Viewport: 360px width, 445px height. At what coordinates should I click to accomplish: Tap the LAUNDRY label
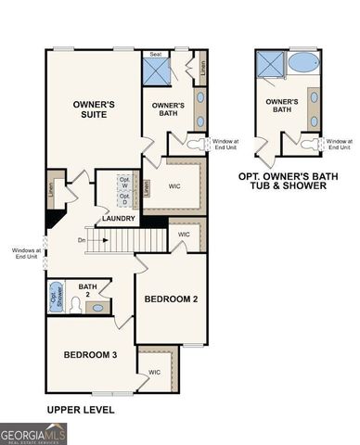tap(120, 219)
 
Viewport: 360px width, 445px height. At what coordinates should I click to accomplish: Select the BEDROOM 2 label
tap(171, 299)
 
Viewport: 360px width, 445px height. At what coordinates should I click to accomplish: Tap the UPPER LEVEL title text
tap(80, 409)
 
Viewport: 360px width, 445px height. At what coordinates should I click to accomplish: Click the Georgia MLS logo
tap(32, 432)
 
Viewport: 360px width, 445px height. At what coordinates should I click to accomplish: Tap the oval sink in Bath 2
tap(99, 307)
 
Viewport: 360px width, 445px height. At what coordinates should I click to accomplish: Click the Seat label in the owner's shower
tap(156, 55)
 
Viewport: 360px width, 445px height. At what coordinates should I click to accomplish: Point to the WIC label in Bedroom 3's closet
tap(154, 372)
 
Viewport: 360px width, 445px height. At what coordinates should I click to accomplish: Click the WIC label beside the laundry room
tap(174, 185)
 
